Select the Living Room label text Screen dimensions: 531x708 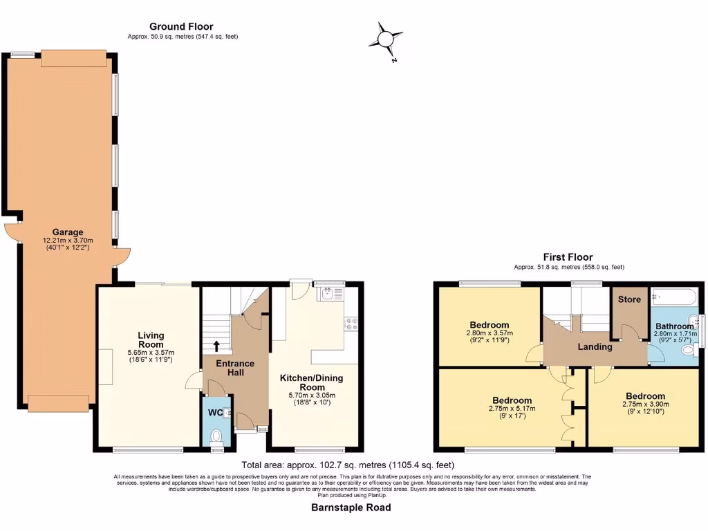(x=150, y=339)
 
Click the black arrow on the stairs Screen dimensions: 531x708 (x=216, y=346)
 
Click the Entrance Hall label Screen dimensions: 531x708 (x=234, y=368)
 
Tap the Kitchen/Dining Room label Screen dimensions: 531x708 (x=311, y=382)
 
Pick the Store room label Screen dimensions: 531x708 (x=629, y=299)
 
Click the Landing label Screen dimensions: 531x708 (x=595, y=346)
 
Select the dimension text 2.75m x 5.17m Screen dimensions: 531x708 (x=512, y=409)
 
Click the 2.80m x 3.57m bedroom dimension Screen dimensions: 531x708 (x=490, y=333)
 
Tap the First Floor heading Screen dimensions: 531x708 (x=568, y=257)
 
